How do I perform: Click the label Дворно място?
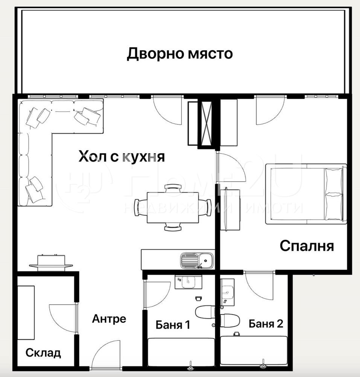[180, 54]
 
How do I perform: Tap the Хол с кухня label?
[122, 156]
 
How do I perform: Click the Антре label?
[109, 319]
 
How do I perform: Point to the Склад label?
[43, 353]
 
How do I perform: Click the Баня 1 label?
[173, 325]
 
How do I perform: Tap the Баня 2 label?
[266, 323]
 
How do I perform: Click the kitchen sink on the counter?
[197, 260]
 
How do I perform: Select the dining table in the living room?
[173, 207]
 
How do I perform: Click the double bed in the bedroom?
[306, 194]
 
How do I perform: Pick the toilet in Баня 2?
[230, 320]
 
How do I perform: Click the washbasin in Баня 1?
[189, 282]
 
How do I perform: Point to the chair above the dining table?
[173, 188]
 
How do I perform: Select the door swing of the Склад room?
[63, 319]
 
